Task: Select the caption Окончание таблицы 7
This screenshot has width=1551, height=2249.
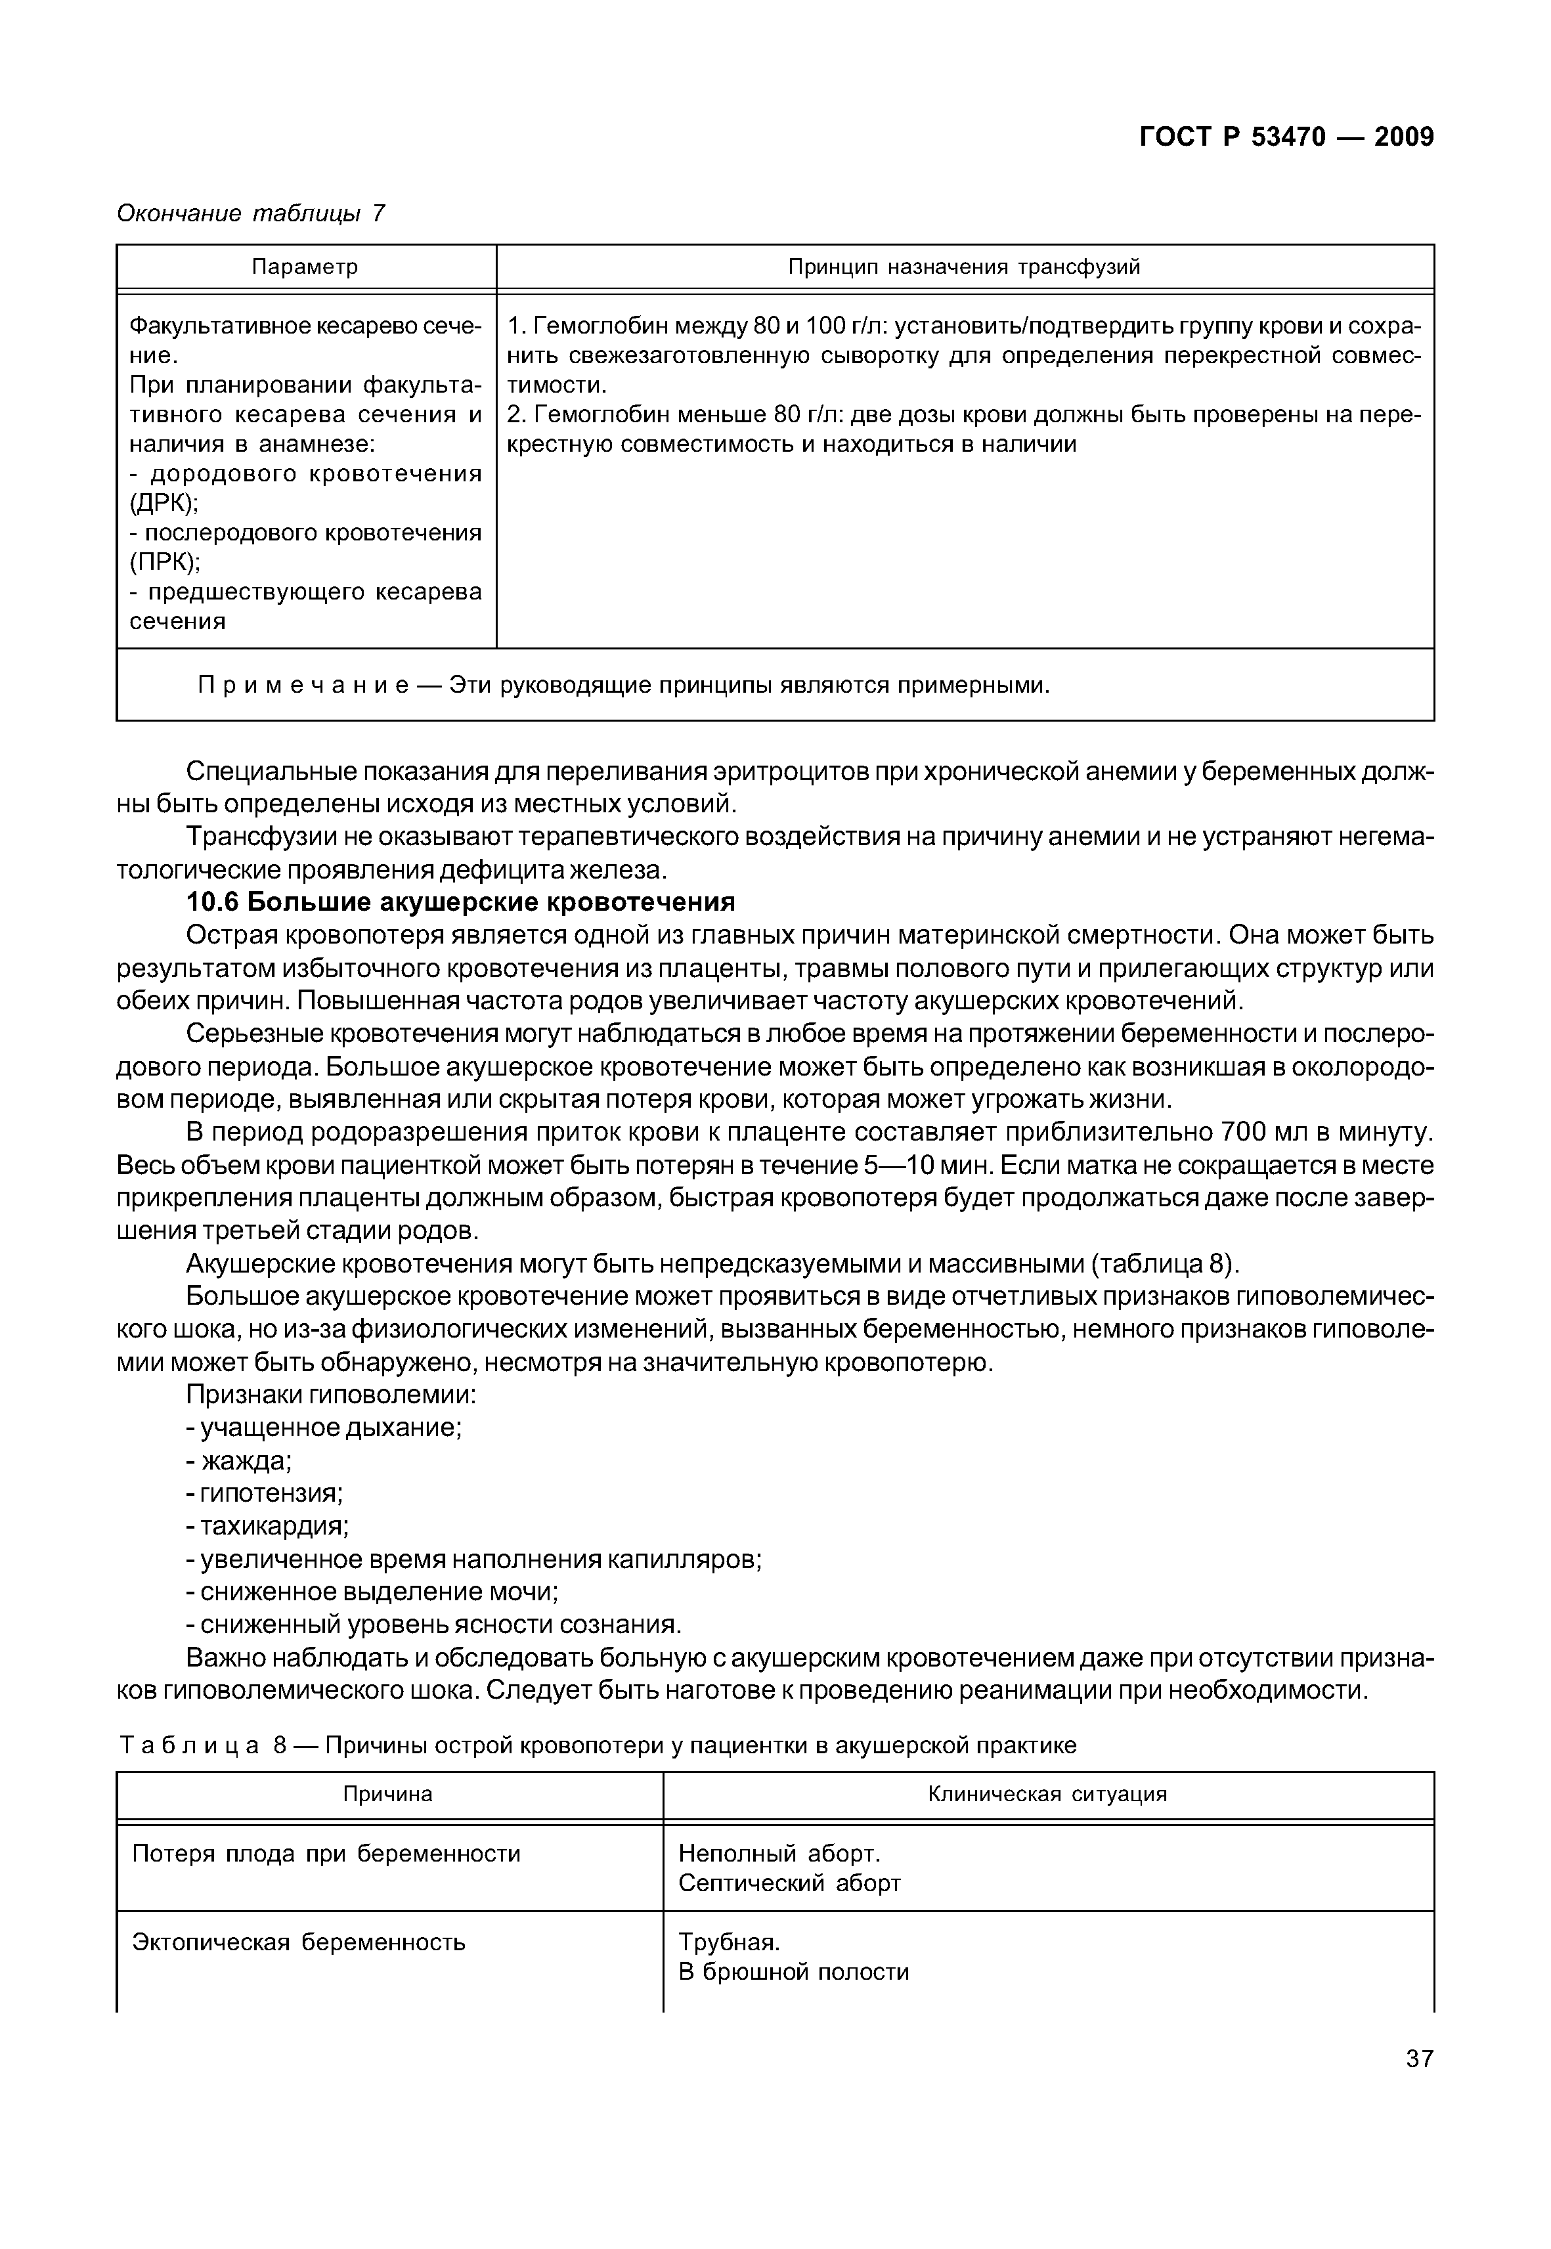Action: [x=251, y=213]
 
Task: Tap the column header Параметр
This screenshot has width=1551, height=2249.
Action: [x=305, y=267]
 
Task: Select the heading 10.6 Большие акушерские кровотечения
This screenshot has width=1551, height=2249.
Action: [x=460, y=902]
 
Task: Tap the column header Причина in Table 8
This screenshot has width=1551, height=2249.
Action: [x=387, y=1794]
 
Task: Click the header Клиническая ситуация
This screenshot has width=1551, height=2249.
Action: [x=1047, y=1794]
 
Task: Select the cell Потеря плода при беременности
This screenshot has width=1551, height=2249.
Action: [x=326, y=1854]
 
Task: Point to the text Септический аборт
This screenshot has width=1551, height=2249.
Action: [x=789, y=1883]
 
